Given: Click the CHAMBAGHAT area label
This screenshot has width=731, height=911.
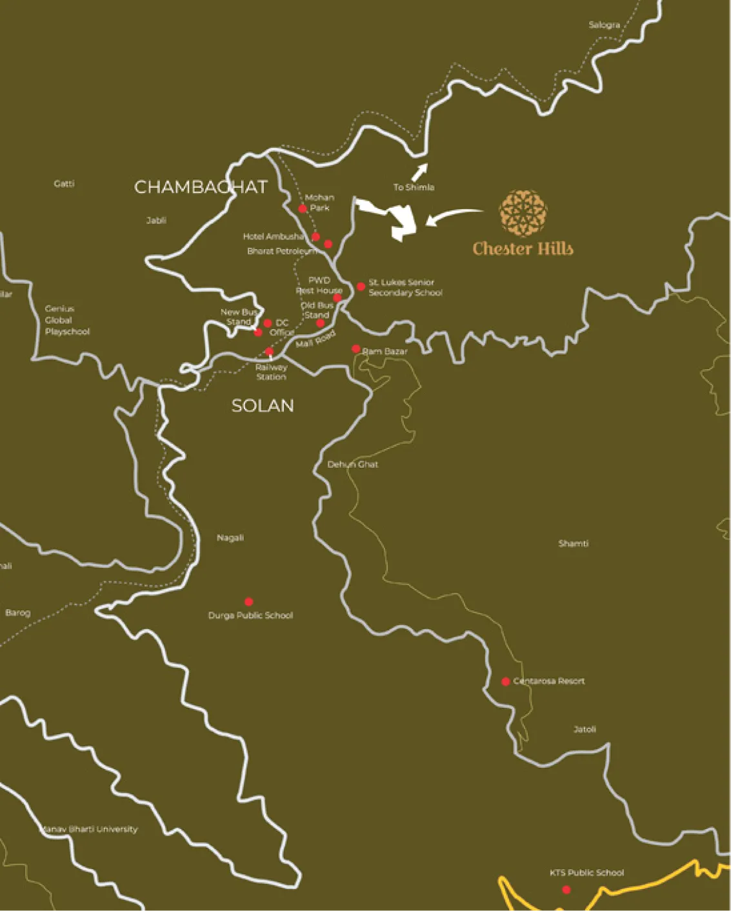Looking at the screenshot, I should (x=201, y=187).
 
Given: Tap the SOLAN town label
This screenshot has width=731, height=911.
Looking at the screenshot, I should (x=263, y=406).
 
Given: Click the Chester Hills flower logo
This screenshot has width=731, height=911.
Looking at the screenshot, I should (x=523, y=214).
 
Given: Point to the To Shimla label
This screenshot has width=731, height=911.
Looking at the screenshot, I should (x=414, y=187).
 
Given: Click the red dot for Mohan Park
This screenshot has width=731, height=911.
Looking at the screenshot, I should (x=303, y=208).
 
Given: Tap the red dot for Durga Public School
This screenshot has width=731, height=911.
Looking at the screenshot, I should (x=249, y=601).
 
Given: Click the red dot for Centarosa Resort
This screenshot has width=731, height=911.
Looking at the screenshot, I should (x=506, y=681).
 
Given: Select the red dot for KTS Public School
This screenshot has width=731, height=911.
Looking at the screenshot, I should (x=566, y=889).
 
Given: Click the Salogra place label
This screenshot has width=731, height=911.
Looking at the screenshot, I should (x=604, y=25).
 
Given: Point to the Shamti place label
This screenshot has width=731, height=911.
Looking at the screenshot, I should (x=573, y=543).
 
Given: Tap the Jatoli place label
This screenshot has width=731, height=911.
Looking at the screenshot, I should (x=585, y=729).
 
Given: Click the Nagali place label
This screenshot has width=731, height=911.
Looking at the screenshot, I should (x=230, y=537).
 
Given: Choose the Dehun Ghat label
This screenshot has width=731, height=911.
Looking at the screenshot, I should (x=352, y=465).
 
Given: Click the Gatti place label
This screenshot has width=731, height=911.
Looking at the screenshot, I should (x=64, y=184).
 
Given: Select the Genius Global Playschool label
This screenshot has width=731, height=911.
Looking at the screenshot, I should (x=66, y=320).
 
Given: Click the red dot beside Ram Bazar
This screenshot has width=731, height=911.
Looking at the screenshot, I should (x=356, y=349).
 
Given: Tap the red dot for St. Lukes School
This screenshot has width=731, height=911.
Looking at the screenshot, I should (x=361, y=286).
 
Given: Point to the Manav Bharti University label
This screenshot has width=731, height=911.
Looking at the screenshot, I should (x=90, y=829).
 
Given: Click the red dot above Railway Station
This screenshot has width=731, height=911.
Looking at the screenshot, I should (x=270, y=352).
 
